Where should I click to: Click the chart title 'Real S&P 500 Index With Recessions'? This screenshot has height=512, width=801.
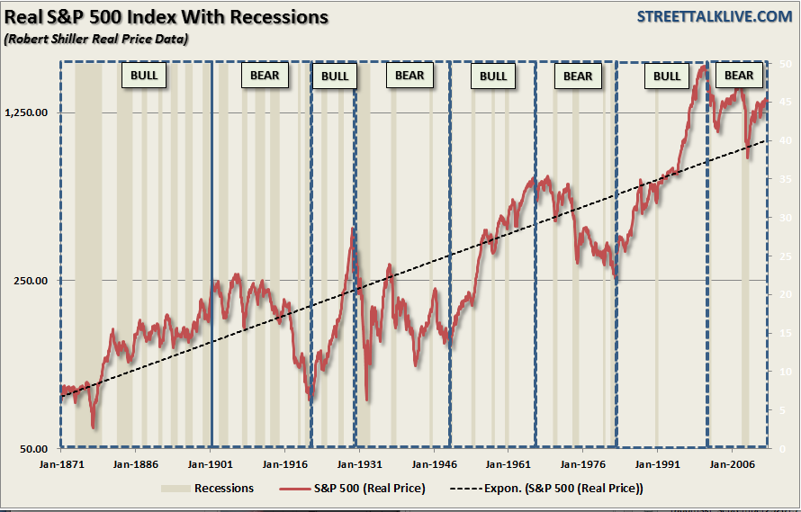168,17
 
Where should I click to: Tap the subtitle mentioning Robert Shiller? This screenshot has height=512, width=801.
96,39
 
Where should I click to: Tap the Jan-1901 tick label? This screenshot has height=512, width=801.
210,466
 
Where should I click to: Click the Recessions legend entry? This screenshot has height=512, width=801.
208,489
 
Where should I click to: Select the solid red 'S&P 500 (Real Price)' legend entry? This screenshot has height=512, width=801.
354,489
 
